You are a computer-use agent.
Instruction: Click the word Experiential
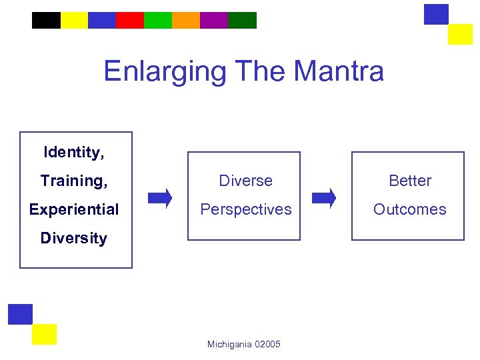[73, 209]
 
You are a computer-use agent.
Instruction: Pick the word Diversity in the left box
[73, 238]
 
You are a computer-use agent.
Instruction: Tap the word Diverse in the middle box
[246, 181]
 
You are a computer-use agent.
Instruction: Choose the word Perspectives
[246, 209]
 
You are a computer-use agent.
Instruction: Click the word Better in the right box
[410, 181]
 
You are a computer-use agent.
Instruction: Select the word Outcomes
[410, 209]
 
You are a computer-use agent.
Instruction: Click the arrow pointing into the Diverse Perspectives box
[160, 198]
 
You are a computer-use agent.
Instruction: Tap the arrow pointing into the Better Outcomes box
[325, 198]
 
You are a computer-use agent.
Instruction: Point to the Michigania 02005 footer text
[244, 344]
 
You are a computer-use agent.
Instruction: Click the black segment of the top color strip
[46, 21]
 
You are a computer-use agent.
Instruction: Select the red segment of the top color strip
[130, 21]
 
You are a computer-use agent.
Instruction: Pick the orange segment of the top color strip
[186, 21]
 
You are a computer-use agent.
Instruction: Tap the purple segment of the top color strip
[214, 21]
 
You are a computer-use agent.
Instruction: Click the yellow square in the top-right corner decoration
[460, 34]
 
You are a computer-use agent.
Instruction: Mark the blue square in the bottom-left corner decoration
[20, 314]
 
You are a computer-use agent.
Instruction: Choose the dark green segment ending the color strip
[242, 21]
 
